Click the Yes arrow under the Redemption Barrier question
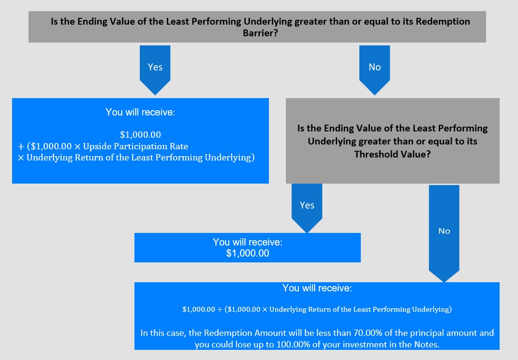[155, 70]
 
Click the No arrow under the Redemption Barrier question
[375, 70]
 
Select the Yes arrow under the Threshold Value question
[307, 208]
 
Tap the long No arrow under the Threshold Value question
[444, 233]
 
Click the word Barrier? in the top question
[260, 33]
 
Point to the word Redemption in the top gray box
[443, 22]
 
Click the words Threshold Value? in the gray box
[392, 154]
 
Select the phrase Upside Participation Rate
[135, 146]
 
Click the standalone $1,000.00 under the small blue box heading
[248, 253]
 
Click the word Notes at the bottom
[426, 345]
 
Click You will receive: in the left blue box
[140, 112]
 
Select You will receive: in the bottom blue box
[317, 288]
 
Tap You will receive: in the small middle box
[248, 242]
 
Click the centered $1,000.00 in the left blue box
[140, 135]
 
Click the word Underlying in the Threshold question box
[332, 141]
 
